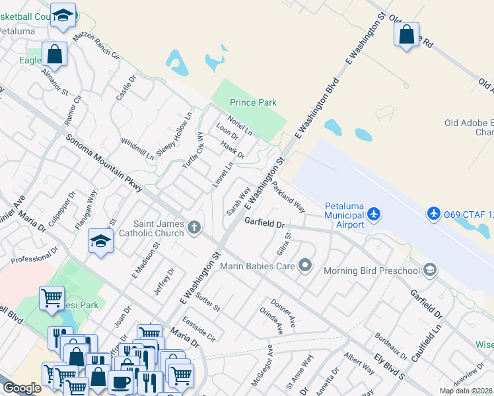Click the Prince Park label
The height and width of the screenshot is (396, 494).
click(253, 102)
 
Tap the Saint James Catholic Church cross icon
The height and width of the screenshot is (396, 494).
click(194, 228)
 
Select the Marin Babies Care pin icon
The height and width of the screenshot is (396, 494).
click(304, 265)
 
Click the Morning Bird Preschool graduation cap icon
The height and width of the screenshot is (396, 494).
click(430, 269)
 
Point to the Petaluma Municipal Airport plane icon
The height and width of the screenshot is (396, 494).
click(374, 214)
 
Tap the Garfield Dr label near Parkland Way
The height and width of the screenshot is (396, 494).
click(264, 223)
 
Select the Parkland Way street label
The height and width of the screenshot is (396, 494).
click(288, 197)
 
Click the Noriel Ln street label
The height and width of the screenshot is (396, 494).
click(240, 124)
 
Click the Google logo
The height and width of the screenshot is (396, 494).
click(22, 387)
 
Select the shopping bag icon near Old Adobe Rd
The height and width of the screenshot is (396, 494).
click(407, 34)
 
